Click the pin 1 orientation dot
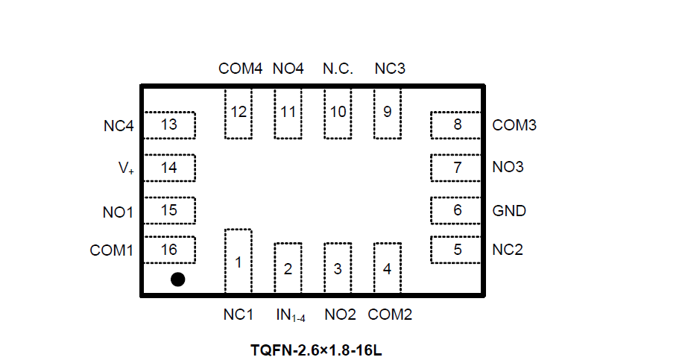coord(177,280)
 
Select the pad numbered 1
coord(239,262)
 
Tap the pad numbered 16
coord(169,250)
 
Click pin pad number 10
coord(338,113)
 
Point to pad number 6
coord(457,210)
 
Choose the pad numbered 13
coord(169,124)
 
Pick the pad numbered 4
coord(387,268)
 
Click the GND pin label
coord(509,211)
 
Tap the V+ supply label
coord(126,168)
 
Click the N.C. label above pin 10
coord(338,69)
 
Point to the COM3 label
coord(514,125)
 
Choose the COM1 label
coord(112,250)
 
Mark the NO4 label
coord(288,69)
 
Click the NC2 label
coord(508,250)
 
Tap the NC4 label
coord(119,126)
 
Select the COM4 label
coord(240,69)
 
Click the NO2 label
coord(340,315)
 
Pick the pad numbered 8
coord(457,124)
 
